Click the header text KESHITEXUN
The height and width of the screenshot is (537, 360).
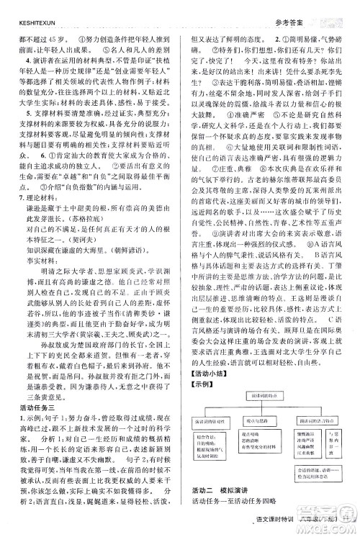(26, 6)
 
